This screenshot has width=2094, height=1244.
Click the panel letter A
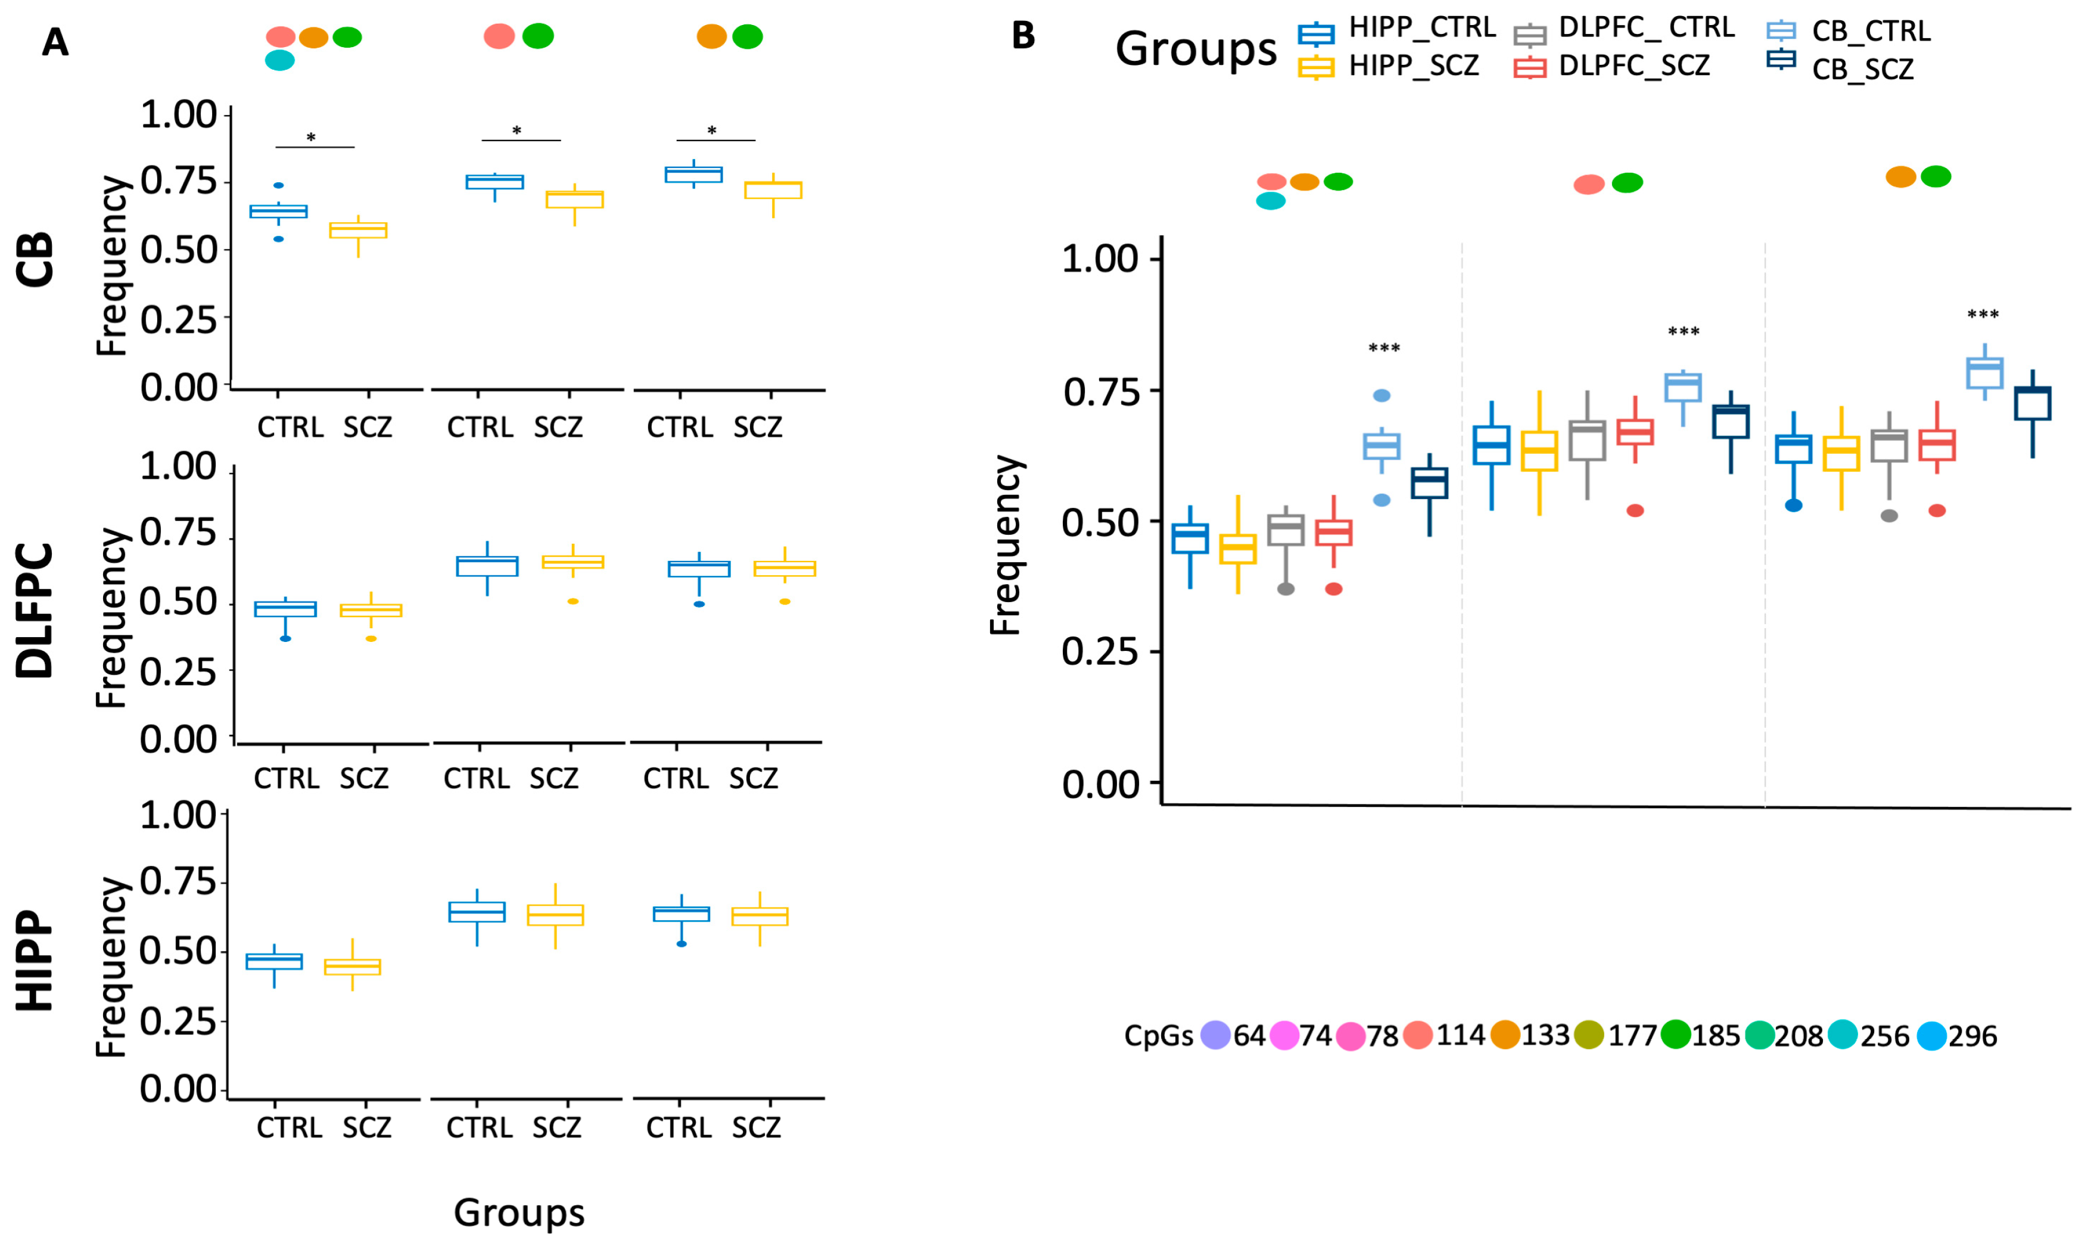tap(55, 42)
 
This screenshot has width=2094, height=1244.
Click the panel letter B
tap(1023, 35)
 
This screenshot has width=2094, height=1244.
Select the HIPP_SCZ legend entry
tap(1413, 66)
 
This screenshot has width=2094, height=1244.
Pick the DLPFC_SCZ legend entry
tap(1633, 66)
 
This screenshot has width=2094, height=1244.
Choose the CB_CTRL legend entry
tap(1870, 31)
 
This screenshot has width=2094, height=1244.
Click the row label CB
tap(35, 260)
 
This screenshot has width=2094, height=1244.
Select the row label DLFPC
tap(35, 610)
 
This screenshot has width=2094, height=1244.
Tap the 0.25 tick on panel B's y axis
tap(1100, 651)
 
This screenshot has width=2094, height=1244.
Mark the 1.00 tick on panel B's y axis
tap(1100, 259)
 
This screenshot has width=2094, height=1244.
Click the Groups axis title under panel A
tap(519, 1212)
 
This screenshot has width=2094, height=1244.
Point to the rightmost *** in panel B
tap(1983, 315)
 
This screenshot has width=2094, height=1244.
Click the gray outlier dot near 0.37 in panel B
tap(1286, 590)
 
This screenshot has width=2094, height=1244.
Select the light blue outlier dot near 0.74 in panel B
tap(1381, 395)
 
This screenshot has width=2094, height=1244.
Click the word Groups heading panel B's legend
tap(1195, 49)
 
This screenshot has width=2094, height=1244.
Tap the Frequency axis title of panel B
tap(1006, 545)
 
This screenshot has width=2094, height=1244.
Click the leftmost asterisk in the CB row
tap(311, 138)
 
